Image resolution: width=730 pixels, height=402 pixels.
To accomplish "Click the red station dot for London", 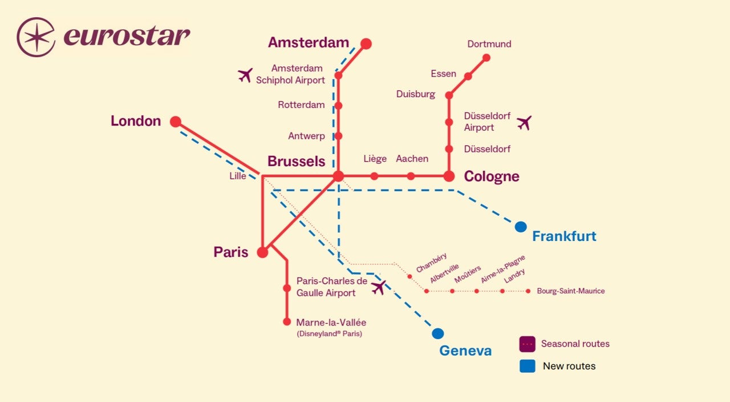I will click(x=176, y=122).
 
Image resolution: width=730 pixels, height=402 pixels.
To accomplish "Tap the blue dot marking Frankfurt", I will click(x=520, y=227).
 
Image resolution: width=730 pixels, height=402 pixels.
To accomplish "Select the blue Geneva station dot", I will click(x=437, y=333).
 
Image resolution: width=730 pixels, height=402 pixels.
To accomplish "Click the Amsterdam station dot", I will click(x=366, y=43).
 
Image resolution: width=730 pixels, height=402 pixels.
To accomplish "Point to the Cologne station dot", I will click(x=449, y=176).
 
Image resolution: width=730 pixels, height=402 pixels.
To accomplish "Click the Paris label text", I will click(x=231, y=252).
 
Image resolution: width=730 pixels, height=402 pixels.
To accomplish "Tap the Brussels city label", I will click(x=296, y=161).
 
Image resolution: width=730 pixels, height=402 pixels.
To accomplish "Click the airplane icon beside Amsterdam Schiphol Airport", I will click(x=245, y=75).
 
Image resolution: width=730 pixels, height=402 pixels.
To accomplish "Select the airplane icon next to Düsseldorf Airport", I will click(x=524, y=122).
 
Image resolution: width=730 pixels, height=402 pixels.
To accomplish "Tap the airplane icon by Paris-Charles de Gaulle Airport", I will click(x=378, y=287).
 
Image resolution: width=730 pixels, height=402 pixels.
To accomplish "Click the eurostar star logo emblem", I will click(x=36, y=37).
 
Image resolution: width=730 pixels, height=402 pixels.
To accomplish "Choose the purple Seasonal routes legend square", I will click(x=527, y=344).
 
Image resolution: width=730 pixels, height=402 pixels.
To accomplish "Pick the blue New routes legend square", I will click(x=527, y=366).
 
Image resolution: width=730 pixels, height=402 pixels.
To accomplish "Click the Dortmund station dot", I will click(x=486, y=57).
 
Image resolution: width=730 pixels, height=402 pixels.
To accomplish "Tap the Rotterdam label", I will click(x=301, y=105).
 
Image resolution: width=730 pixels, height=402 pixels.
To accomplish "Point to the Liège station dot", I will click(x=374, y=176).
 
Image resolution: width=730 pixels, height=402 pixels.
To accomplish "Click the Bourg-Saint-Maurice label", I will click(x=570, y=291).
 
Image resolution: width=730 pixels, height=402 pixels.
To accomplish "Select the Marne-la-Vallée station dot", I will click(x=287, y=321).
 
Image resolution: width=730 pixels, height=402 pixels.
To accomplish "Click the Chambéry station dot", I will click(x=409, y=276).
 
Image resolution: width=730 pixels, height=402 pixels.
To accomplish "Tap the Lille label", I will click(x=238, y=176).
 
